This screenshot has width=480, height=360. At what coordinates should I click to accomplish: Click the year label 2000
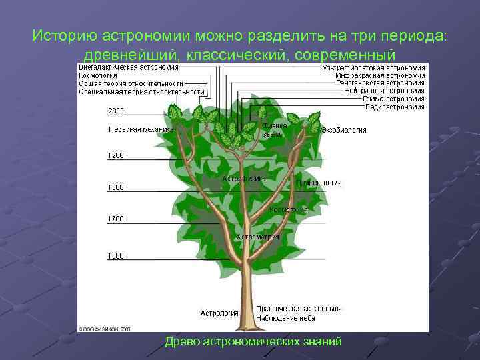coord(116,111)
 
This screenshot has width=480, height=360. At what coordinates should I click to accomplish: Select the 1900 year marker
coord(116,156)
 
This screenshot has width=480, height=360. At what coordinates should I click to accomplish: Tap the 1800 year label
coord(116,188)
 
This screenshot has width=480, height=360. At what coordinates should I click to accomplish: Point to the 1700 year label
coord(116,219)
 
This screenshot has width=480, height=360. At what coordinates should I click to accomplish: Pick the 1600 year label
coord(116,255)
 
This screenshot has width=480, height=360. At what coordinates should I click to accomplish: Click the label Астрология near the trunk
coord(219,313)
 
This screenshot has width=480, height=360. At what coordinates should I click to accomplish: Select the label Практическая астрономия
coord(299,309)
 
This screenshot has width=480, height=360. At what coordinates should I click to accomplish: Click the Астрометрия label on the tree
coord(257,237)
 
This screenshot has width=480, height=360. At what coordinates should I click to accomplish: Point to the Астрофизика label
coord(244,179)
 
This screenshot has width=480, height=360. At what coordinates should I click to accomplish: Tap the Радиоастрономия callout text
coord(393,107)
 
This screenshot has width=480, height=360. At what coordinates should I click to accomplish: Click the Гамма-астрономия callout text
coord(393,99)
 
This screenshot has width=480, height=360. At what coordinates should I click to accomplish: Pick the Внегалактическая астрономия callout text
coord(129,67)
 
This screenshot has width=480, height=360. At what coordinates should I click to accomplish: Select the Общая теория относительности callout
coord(133,83)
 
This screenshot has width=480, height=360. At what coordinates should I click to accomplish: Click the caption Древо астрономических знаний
coord(253,341)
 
